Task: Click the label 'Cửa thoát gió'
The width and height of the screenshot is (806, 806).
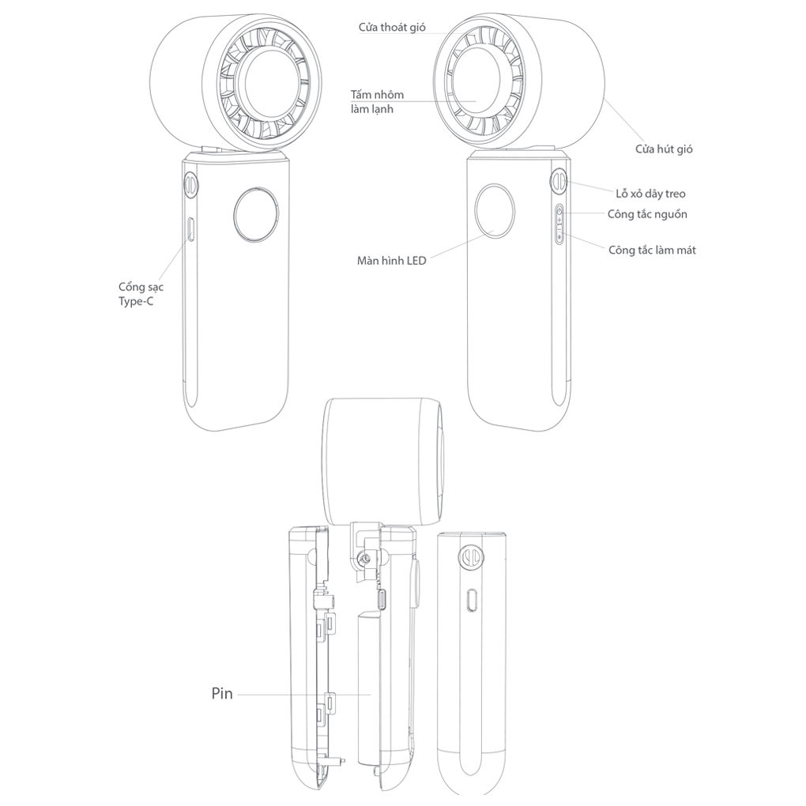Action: click(x=392, y=28)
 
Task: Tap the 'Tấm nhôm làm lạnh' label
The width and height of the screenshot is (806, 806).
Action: click(x=377, y=102)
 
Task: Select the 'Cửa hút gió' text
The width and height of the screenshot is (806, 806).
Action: click(x=664, y=149)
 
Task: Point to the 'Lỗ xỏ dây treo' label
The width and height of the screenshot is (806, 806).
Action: click(x=650, y=194)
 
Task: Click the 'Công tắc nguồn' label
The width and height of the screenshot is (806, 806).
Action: click(x=647, y=214)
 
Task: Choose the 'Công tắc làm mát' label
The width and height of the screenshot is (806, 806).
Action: click(x=652, y=250)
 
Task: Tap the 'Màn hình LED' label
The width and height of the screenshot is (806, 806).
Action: click(x=392, y=261)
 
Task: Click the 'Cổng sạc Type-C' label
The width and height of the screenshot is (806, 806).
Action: click(x=141, y=294)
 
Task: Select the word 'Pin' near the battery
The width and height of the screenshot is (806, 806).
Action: click(x=222, y=694)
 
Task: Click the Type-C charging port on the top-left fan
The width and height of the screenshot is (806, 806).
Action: click(x=190, y=228)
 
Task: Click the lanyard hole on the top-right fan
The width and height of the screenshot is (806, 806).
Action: click(x=559, y=182)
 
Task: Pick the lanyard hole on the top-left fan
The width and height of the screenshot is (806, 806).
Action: click(x=190, y=184)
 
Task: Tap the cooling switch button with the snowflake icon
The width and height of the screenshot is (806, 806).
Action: click(x=559, y=236)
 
